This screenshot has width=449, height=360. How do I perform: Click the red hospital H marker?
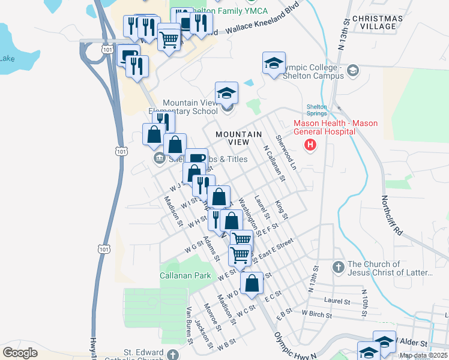point(310,145)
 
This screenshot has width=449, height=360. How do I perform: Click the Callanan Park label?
point(185,275)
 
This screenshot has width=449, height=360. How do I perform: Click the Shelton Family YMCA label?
point(244,11)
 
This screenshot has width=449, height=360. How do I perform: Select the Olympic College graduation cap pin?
point(274,64)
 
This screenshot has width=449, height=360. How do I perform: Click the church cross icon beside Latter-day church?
point(338,265)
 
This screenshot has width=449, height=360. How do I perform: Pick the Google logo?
point(20,352)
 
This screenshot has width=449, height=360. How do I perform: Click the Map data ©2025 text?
point(423,355)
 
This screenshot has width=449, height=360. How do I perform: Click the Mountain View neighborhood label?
point(239,138)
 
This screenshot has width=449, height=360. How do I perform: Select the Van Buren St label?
point(189,324)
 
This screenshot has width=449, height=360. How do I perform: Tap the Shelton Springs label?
point(317,110)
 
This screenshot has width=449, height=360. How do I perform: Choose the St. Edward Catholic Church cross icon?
point(173,354)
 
